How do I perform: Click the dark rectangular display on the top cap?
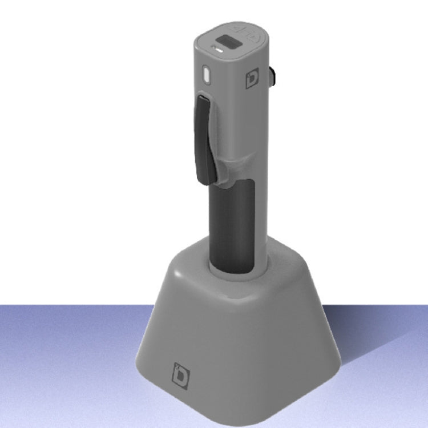229,42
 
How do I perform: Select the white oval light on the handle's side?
207,74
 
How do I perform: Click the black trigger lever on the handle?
204,140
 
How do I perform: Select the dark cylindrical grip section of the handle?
231,225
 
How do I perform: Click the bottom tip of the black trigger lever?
205,181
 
